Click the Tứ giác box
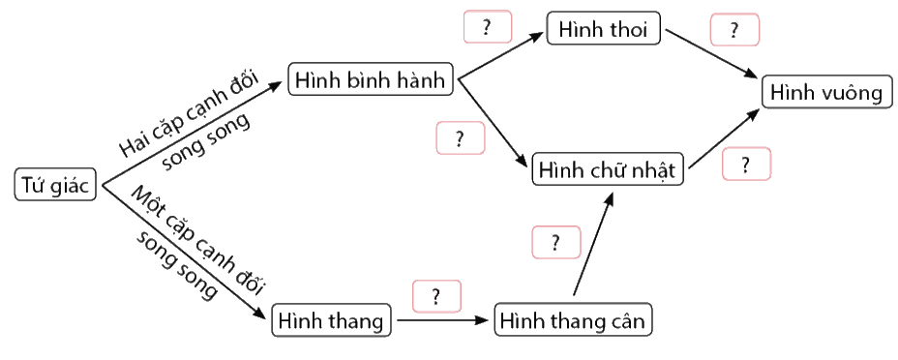[x=55, y=185]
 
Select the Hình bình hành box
[x=371, y=80]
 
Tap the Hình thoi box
[x=604, y=29]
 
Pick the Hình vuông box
[x=826, y=92]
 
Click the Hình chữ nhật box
[x=609, y=168]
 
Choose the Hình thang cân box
[x=573, y=320]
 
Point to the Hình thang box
[x=331, y=320]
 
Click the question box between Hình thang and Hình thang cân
[x=436, y=296]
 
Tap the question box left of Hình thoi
[x=487, y=27]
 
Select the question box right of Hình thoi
[x=734, y=30]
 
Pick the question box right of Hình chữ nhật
[x=746, y=165]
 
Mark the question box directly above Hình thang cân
[x=556, y=242]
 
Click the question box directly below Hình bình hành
[x=461, y=138]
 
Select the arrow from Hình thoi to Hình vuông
[x=713, y=54]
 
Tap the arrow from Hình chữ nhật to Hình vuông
[x=725, y=139]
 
